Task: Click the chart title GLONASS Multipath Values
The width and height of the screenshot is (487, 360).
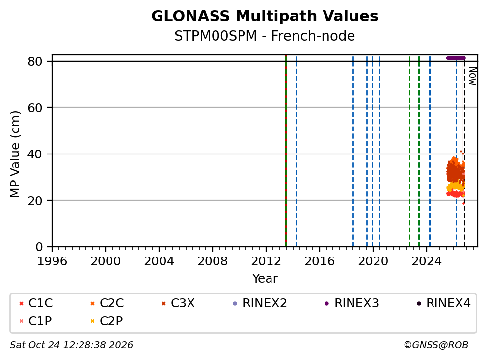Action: (x=265, y=16)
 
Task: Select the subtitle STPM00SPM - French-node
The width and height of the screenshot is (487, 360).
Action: (x=265, y=36)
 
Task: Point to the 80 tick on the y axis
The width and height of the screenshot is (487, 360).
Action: (x=35, y=61)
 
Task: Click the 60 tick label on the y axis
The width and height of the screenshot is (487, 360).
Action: (x=35, y=108)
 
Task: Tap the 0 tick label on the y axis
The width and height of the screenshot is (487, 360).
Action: (x=39, y=247)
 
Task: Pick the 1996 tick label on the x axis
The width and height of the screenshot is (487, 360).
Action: (x=52, y=261)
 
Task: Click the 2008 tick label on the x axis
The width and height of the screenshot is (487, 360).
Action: (x=213, y=261)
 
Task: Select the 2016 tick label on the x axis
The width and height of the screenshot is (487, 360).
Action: (x=320, y=261)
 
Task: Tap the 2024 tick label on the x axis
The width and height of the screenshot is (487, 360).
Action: (x=427, y=261)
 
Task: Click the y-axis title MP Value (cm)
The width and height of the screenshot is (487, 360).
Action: (x=15, y=154)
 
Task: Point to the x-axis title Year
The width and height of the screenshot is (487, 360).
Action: (x=265, y=279)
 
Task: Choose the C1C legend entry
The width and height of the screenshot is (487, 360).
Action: (x=36, y=303)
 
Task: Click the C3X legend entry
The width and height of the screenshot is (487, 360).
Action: (x=178, y=303)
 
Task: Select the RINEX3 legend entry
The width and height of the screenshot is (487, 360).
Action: (x=352, y=303)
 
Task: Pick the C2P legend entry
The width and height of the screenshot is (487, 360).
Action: (x=107, y=321)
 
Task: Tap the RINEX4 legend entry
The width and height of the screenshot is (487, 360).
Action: (x=443, y=303)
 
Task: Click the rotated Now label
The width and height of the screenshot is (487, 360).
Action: (x=473, y=76)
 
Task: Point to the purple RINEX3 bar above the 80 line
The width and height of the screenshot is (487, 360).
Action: (x=456, y=58)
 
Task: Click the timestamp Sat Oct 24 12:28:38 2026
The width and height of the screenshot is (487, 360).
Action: (x=72, y=345)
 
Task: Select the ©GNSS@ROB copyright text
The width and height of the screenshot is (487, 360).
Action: (x=436, y=345)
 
